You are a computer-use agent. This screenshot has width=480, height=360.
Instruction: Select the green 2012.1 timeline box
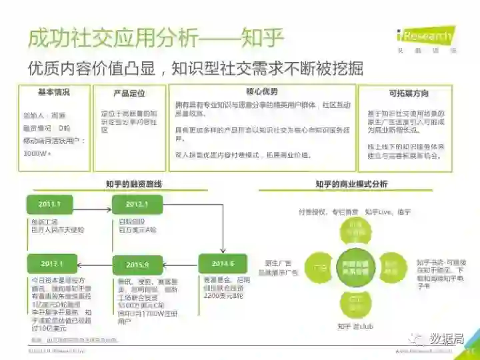(137, 204)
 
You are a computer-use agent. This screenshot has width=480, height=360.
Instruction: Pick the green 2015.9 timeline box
(137, 263)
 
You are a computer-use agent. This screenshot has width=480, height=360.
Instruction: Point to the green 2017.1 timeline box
(51, 263)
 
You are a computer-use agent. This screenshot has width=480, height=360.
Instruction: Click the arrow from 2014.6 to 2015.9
(181, 263)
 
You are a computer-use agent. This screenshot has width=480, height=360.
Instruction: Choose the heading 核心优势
(262, 91)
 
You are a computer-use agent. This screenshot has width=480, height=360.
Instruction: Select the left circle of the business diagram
(318, 266)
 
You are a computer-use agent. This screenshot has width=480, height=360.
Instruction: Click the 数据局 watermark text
(447, 339)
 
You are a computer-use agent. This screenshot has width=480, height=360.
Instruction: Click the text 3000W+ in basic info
(37, 153)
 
